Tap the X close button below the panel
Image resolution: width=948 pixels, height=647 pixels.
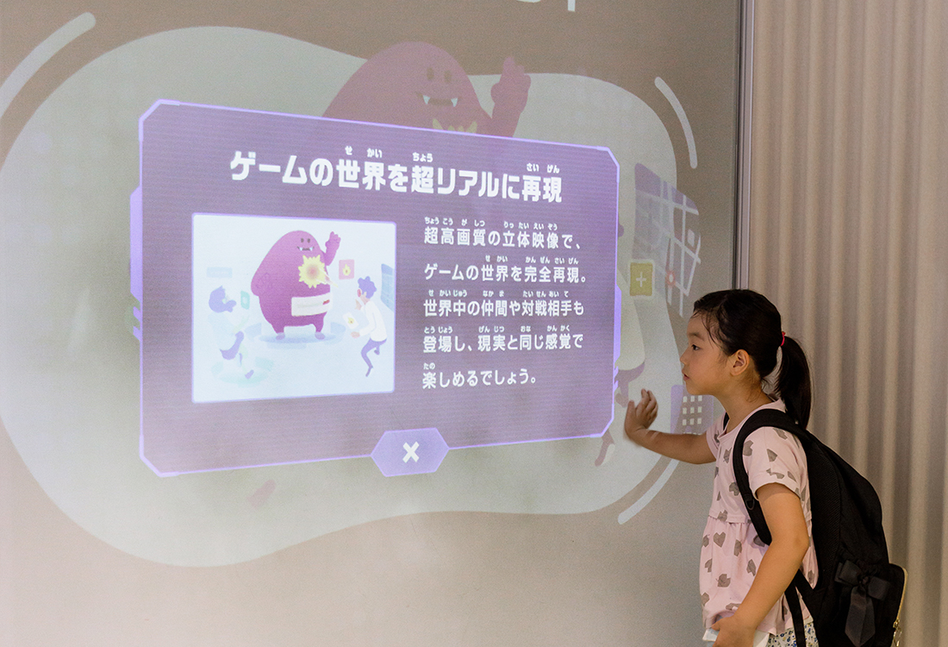pyautogui.click(x=410, y=452)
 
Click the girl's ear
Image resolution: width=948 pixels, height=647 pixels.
pyautogui.click(x=739, y=362)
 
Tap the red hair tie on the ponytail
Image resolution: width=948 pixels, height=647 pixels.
pyautogui.click(x=783, y=338)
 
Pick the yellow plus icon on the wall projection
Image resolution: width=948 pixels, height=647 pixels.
pyautogui.click(x=641, y=279)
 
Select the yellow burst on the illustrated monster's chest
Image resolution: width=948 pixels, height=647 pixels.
pyautogui.click(x=313, y=271)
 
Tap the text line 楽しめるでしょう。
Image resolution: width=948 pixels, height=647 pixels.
pyautogui.click(x=480, y=379)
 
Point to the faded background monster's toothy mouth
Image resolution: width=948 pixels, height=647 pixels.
pyautogui.click(x=440, y=100)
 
